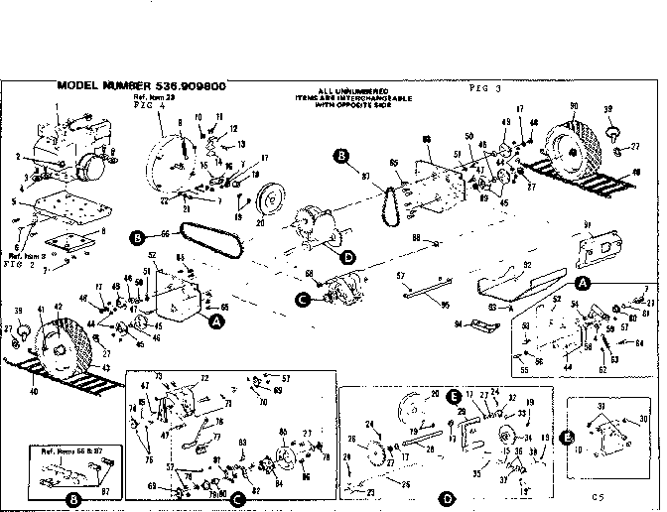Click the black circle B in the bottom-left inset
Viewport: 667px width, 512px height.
72,498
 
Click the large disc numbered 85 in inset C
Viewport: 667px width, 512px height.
288,457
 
